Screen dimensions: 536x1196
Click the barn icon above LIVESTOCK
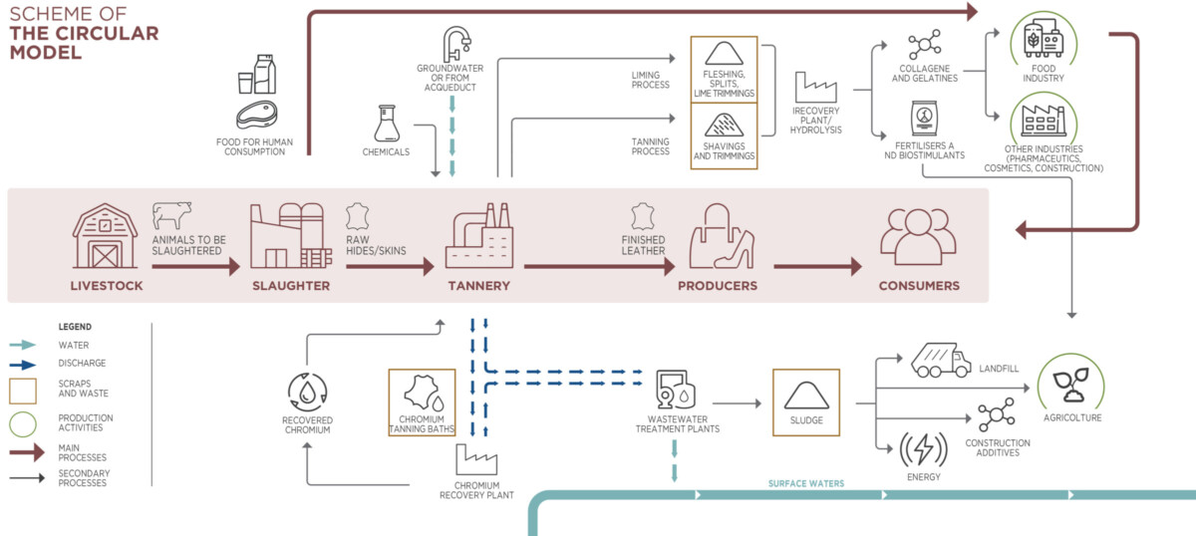[x=105, y=236]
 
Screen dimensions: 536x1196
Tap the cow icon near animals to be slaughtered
[x=171, y=214]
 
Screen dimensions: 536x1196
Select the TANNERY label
[x=478, y=286]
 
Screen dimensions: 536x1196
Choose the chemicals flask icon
[x=386, y=125]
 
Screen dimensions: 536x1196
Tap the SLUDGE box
[x=806, y=402]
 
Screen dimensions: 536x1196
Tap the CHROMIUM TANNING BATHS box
[x=422, y=402]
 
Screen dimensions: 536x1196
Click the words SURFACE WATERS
[x=806, y=484]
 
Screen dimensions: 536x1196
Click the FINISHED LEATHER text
[x=643, y=245]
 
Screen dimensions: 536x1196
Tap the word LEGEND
[x=75, y=327]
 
